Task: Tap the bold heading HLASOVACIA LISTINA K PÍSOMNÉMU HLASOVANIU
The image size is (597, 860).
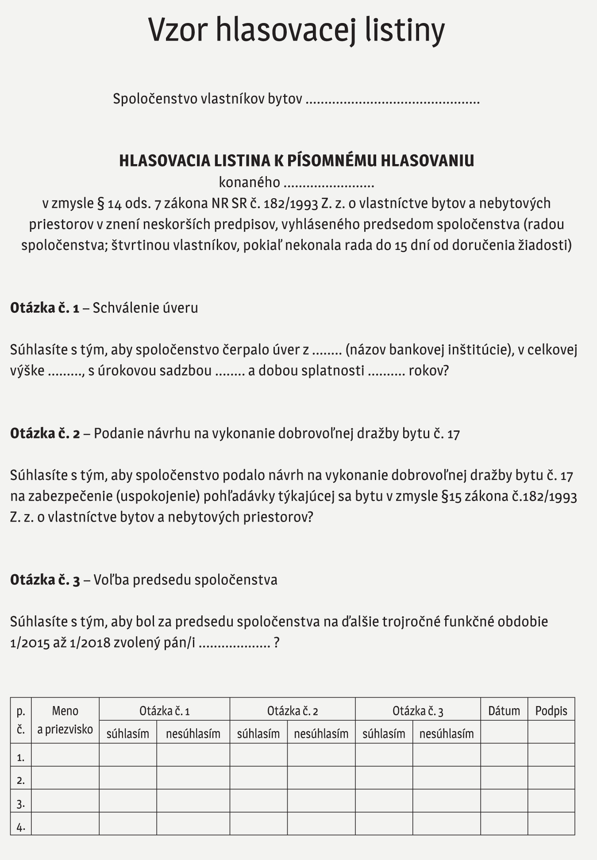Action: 297,161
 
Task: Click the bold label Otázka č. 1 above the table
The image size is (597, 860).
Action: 45,307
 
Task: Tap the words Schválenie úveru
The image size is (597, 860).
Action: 145,307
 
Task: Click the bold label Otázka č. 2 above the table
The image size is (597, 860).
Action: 45,433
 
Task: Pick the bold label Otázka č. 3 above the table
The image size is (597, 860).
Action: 45,580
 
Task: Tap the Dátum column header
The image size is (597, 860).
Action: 504,710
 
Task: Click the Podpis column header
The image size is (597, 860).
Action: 551,710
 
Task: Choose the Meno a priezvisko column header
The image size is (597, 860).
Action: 65,720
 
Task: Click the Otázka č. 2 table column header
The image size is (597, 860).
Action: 293,711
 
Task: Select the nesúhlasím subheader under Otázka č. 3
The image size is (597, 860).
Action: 447,733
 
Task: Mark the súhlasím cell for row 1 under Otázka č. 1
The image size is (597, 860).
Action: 128,756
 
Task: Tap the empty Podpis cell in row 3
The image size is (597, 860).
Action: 551,802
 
